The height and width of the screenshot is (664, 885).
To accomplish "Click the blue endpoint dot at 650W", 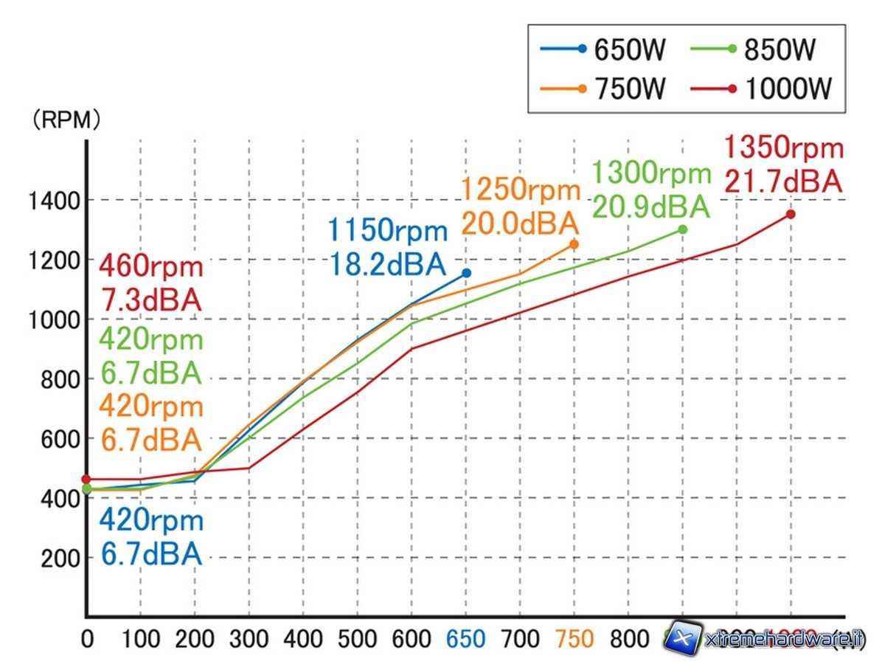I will pos(466,273).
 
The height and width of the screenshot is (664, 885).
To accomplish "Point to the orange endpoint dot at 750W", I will pos(575,244).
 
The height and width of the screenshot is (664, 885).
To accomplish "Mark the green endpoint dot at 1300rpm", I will pos(682,229).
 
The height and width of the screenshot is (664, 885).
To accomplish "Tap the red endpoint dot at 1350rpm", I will pos(791,214).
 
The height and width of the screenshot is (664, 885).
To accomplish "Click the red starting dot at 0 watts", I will pos(86,479).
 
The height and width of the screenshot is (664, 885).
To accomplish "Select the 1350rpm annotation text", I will pos(783,148).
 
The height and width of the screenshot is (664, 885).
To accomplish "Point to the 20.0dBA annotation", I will pos(521,223).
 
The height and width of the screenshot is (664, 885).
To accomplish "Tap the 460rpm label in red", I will pos(150,266).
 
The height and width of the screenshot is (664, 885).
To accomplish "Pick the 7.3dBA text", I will pos(150,300).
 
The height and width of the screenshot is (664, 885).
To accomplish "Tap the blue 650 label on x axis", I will pos(465,640).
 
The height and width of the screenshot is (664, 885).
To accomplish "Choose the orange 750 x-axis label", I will pos(574,640).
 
